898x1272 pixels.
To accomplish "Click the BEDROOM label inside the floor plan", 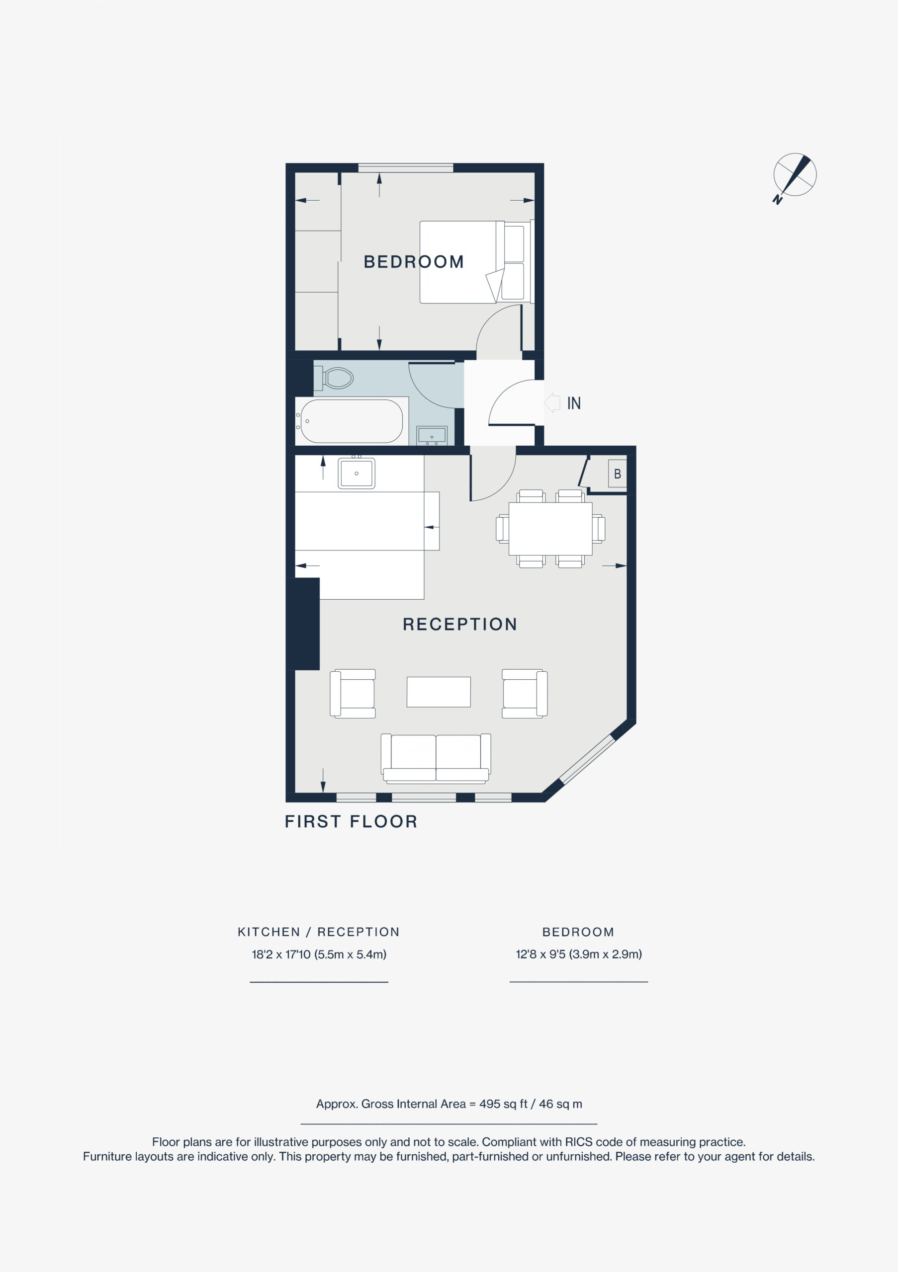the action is (x=414, y=261).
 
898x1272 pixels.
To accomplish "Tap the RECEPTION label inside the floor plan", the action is (x=460, y=625).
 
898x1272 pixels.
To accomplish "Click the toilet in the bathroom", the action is (x=334, y=379).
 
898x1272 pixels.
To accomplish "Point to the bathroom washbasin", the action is (x=432, y=435).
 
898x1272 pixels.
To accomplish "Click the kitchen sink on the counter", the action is (x=357, y=473).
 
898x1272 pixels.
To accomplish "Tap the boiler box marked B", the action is (x=618, y=474).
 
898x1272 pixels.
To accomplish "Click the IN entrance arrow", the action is (x=552, y=403).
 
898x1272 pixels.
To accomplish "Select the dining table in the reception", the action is (x=550, y=529).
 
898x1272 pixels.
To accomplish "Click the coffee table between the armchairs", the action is (x=439, y=692).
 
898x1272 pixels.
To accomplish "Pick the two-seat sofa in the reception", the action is (x=436, y=758).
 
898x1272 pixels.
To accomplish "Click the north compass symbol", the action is (x=795, y=177).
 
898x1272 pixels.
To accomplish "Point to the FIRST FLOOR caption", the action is (x=351, y=822).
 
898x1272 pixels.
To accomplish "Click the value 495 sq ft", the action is (x=503, y=1104).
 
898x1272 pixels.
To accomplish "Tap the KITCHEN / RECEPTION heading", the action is (x=319, y=932).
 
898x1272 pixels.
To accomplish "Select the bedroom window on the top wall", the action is (x=406, y=167).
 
